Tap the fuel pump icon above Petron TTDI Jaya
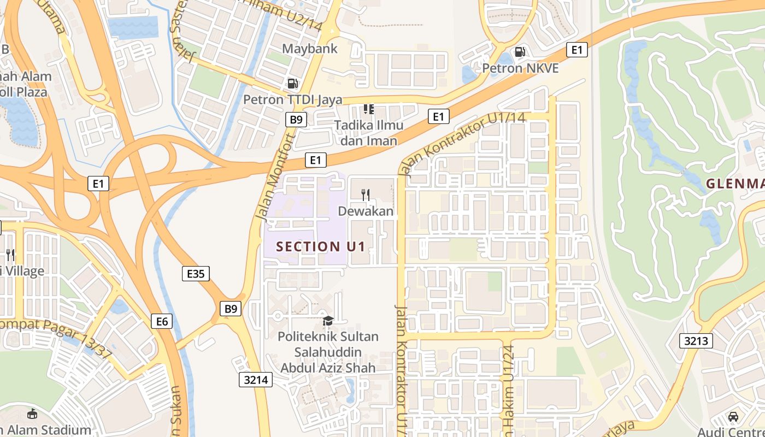(293, 84)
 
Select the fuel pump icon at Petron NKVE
(520, 52)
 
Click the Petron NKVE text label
(520, 68)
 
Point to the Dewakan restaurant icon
(366, 194)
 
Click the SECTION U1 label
(320, 246)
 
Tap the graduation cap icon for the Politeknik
(328, 321)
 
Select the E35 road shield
(195, 274)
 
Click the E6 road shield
(162, 321)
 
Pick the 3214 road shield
(256, 380)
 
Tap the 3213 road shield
(696, 341)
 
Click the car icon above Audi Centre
(733, 416)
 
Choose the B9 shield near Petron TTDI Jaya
(296, 120)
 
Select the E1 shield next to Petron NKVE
(576, 50)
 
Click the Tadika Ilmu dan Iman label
(369, 133)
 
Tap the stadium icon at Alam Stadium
(32, 414)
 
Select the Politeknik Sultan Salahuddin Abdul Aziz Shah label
(328, 352)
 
